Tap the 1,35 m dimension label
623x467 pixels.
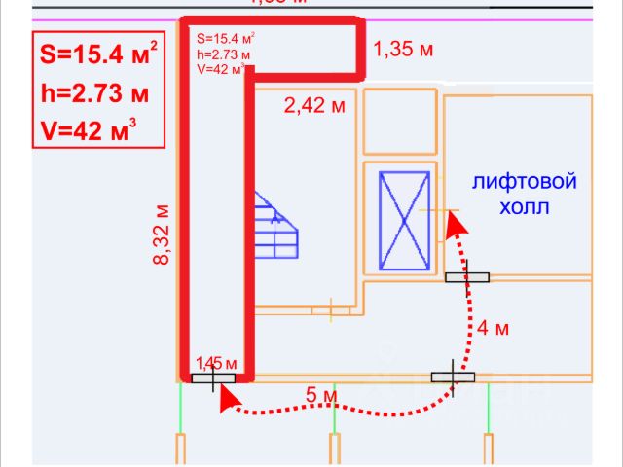coord(403,51)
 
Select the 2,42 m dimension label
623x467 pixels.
coord(314,106)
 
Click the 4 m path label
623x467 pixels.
coord(494,328)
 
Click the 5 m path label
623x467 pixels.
coord(322,396)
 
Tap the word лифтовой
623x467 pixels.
coord(525,182)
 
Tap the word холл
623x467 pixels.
coord(525,207)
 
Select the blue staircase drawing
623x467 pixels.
coord(276,226)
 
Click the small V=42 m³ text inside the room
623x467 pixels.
coord(220,68)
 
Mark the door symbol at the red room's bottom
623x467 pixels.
coord(212,379)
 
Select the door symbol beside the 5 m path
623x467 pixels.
coord(453,376)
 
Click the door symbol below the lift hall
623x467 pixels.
coord(468,278)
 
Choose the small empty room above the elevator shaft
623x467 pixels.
coord(399,125)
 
